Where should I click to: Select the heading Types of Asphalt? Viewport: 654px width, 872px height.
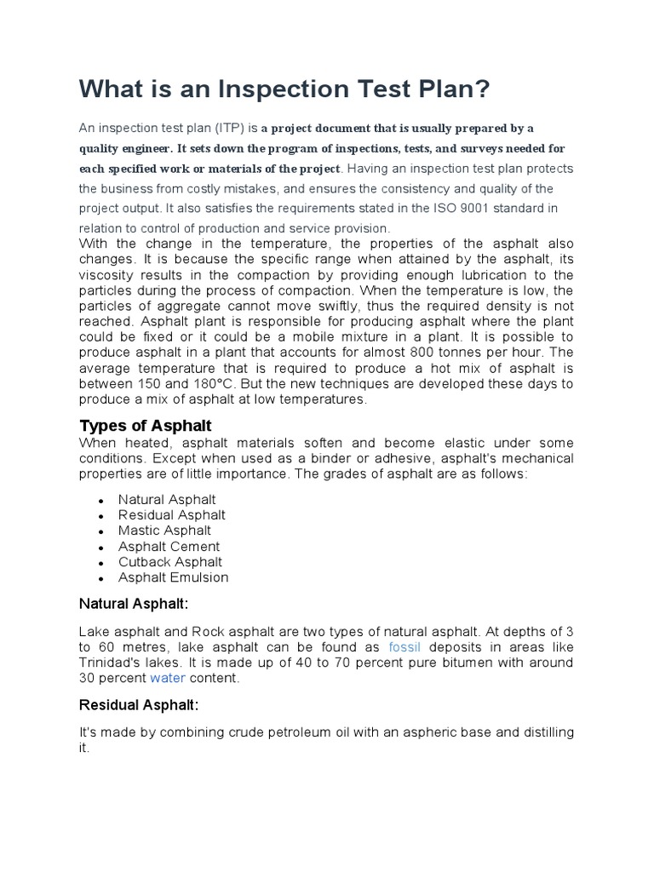click(146, 425)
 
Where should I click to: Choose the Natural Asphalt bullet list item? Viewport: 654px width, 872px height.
click(167, 500)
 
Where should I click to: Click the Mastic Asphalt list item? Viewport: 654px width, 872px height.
click(165, 531)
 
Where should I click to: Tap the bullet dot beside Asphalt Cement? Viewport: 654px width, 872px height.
click(101, 548)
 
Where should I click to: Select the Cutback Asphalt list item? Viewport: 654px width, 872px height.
click(170, 562)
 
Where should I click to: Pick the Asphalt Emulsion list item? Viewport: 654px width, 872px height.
click(174, 577)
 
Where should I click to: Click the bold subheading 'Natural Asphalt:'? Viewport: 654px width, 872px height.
click(133, 604)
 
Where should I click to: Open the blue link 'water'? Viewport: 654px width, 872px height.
click(167, 679)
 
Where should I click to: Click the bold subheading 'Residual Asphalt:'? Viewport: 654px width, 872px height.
click(138, 705)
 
